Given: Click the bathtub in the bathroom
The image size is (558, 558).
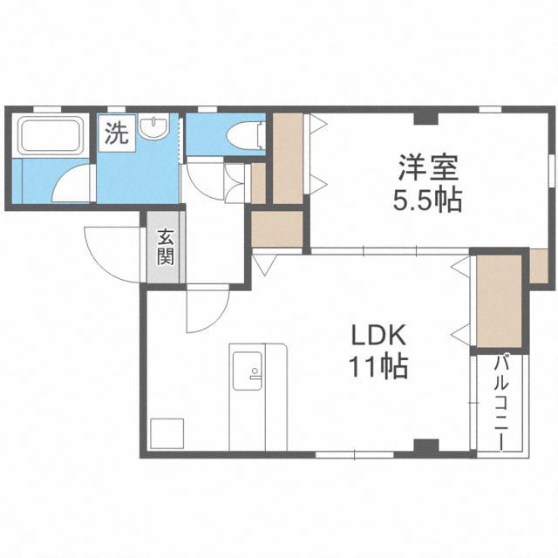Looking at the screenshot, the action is click(50, 135).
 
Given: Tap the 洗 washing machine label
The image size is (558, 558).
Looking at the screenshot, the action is click(116, 133).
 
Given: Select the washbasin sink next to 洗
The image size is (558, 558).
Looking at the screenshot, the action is click(153, 128).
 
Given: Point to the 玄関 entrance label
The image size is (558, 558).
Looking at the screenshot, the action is click(166, 248).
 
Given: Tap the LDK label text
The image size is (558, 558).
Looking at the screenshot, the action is click(378, 336).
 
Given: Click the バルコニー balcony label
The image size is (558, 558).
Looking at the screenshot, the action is click(502, 402).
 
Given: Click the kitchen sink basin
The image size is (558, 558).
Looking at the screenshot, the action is click(248, 371).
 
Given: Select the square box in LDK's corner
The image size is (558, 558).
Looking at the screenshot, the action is click(167, 434).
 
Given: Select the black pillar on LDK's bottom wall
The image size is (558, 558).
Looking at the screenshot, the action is click(426, 446).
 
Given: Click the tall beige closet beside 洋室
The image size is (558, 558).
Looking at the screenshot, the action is click(288, 159).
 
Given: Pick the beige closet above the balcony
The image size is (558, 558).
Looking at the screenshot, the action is click(499, 301).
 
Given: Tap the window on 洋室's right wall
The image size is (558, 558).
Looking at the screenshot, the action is click(552, 170).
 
